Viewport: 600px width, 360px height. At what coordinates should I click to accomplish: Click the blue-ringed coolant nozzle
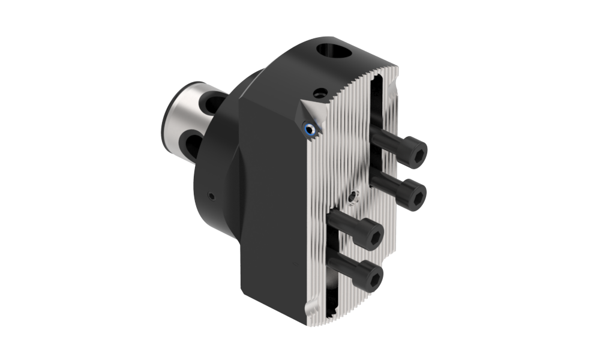pos(309,128)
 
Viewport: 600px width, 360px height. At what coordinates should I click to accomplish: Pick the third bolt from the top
pos(358,229)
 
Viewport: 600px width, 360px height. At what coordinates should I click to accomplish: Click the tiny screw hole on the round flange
pos(211,196)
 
